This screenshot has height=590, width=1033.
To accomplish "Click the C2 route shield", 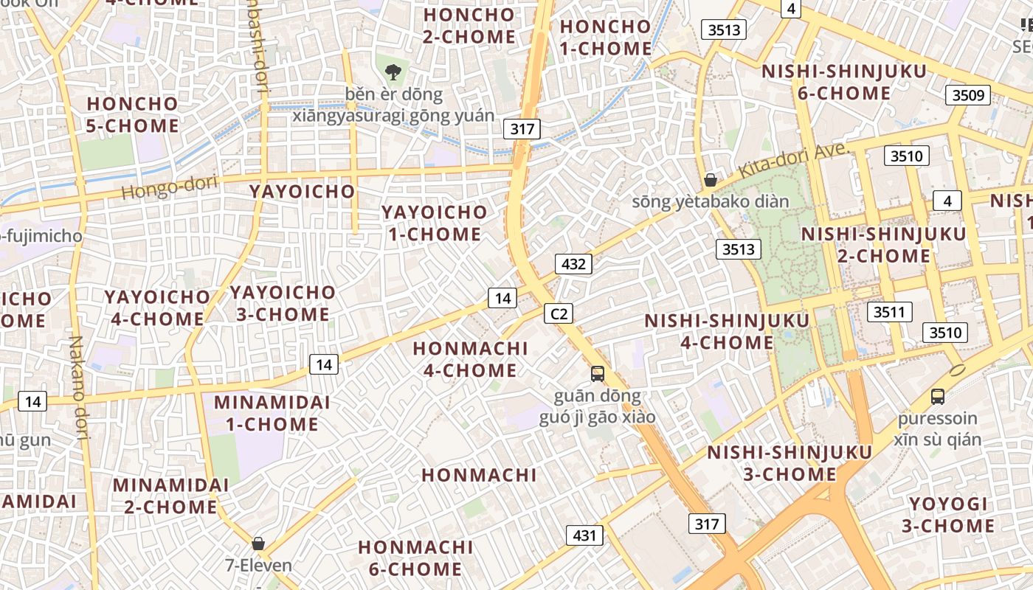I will coord(559,313).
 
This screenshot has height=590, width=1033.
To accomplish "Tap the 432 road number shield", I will coord(573,264).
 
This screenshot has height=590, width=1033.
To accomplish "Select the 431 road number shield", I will coord(584,535).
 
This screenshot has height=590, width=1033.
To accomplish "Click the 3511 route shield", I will coord(889,312).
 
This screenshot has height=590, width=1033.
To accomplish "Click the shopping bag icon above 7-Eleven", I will coord(258,544).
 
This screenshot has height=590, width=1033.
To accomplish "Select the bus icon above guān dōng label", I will coord(598,374).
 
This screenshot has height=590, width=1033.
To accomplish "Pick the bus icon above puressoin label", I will coord(938,397).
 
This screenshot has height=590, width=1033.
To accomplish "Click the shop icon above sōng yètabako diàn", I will coord(711,179).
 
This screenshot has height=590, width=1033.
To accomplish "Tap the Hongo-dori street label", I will coord(169,187).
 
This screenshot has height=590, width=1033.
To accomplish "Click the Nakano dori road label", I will coord(78,387).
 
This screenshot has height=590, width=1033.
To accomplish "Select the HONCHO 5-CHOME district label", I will coord(133,114).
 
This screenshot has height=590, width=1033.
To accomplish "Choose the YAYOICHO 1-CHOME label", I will coord(434,223).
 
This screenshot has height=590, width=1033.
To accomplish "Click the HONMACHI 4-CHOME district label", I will coord(470,359).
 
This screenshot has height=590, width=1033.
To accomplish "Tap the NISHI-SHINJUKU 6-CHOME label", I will coord(844,83).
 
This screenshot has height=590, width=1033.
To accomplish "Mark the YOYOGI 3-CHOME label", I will coord(948,515).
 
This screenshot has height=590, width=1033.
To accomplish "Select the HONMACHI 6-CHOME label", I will coord(415,558).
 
